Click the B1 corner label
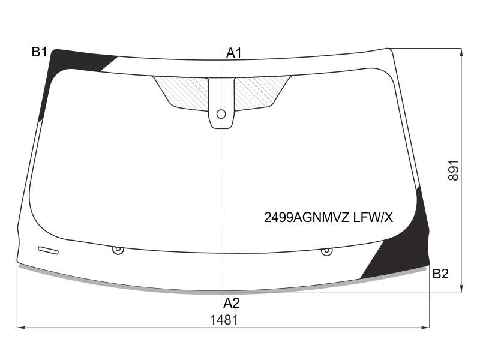(39, 52)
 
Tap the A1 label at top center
(234, 53)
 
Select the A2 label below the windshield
(232, 303)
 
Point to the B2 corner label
(440, 274)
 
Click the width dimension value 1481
(224, 320)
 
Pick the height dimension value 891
(454, 170)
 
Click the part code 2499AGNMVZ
(307, 218)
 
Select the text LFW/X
(373, 218)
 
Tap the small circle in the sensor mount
(221, 114)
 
